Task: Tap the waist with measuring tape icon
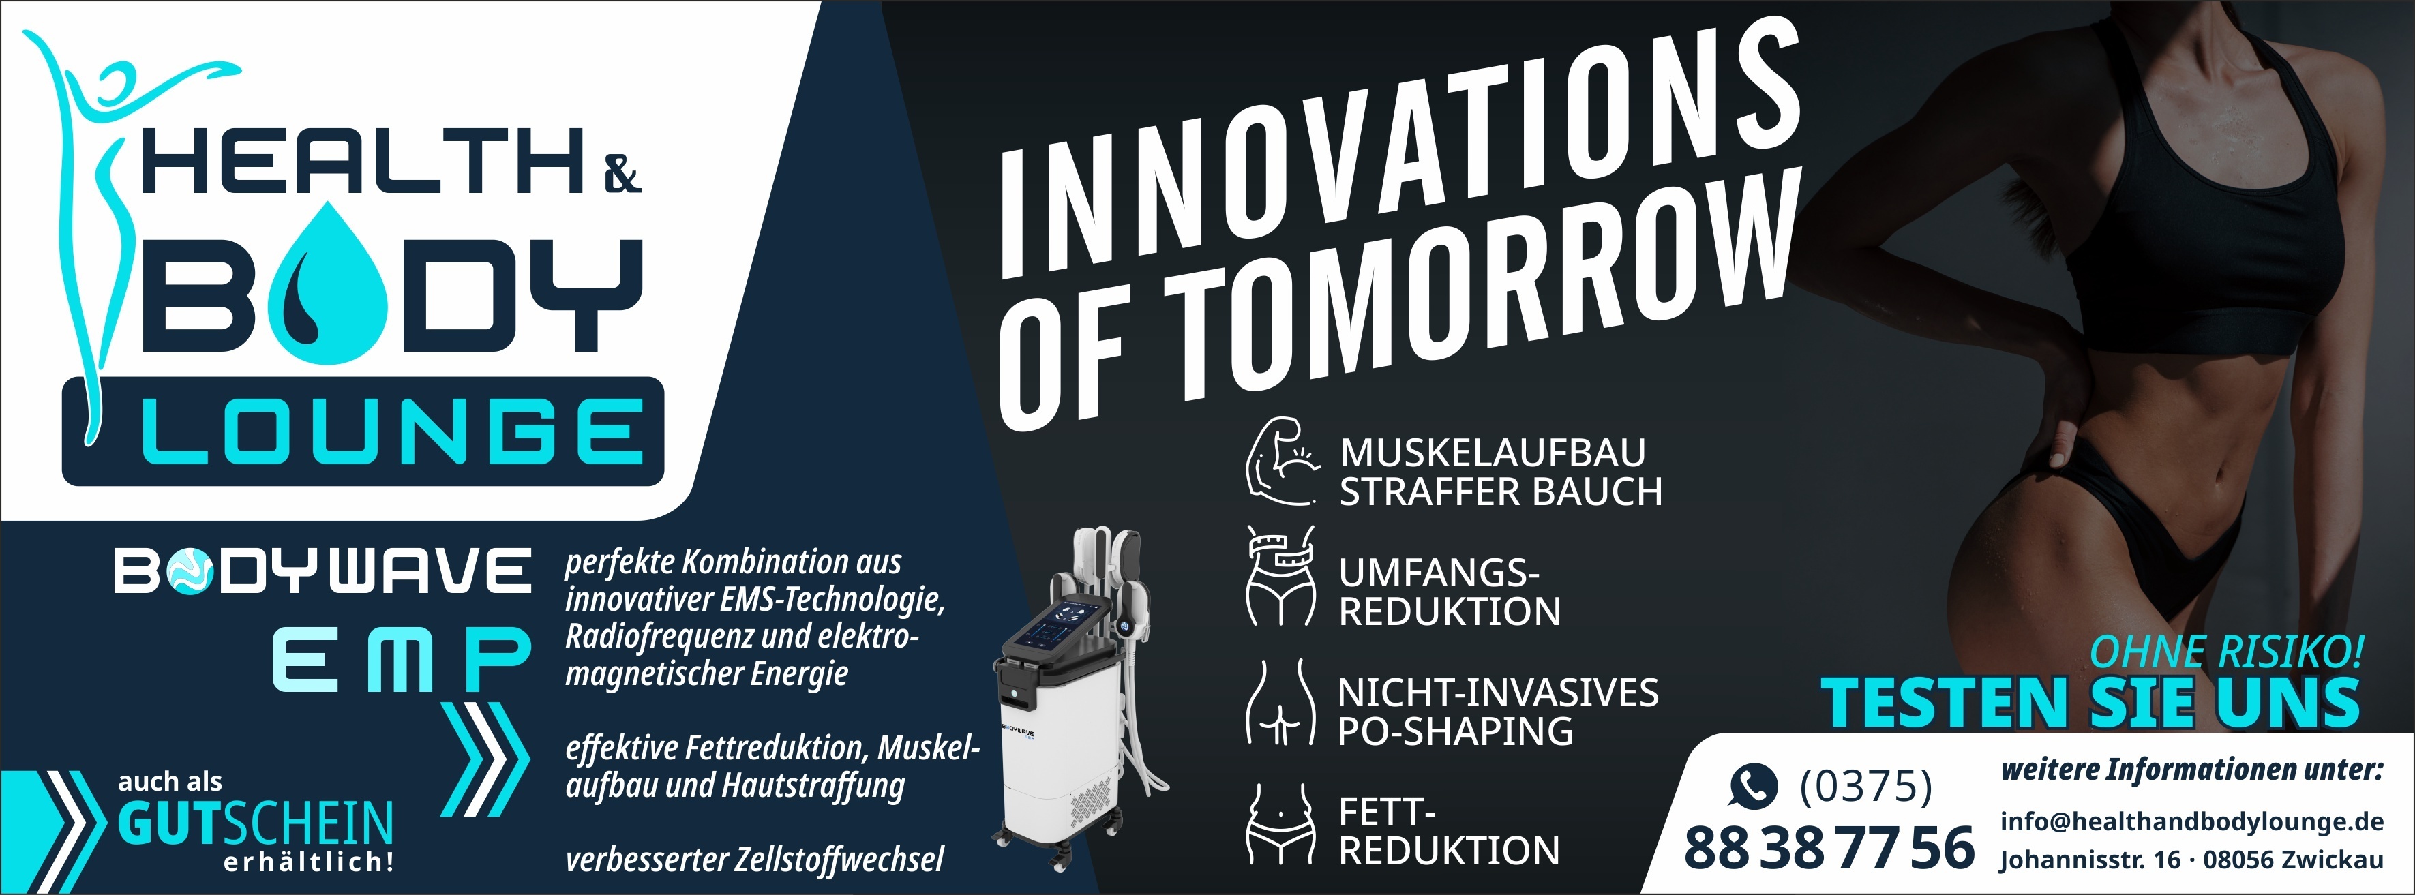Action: (x=1280, y=575)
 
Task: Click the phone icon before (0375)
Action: (x=1752, y=785)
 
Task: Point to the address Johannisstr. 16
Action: (x=2090, y=860)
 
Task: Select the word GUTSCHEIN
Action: (x=255, y=823)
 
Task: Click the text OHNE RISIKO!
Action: (x=2227, y=652)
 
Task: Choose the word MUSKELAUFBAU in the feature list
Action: (x=1492, y=452)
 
